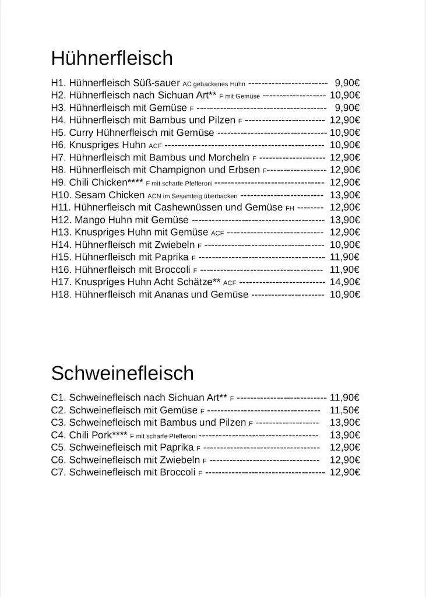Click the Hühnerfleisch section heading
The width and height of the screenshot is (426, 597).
point(112,58)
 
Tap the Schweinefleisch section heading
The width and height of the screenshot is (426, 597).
point(122,373)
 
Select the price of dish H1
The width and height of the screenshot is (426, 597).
point(347,83)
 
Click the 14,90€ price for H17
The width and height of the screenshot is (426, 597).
point(344,282)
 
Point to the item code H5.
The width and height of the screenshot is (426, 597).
point(58,132)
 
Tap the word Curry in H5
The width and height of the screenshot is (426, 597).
point(81,132)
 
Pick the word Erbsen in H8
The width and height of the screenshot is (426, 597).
point(245,170)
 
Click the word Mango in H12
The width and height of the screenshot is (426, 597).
point(89,220)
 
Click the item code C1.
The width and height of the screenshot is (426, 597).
point(58,398)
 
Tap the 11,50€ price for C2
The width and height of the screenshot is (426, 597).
point(344,410)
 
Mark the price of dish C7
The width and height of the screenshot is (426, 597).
point(344,472)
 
